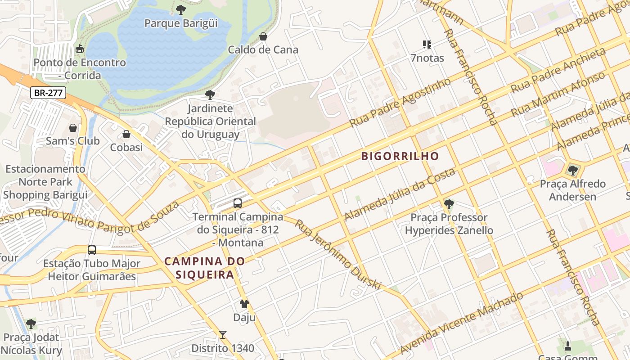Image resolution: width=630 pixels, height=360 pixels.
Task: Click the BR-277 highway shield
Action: tap(48, 93)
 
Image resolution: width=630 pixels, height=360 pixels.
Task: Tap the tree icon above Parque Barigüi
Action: tap(180, 9)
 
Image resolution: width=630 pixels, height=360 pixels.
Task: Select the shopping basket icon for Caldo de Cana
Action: tap(263, 36)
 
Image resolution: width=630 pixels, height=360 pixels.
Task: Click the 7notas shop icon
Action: tap(427, 45)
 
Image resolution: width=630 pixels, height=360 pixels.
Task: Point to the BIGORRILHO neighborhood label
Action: tap(400, 156)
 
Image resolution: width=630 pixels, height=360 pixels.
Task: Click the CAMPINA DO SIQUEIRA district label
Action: tap(205, 268)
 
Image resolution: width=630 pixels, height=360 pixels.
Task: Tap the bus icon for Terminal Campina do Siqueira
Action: tap(238, 203)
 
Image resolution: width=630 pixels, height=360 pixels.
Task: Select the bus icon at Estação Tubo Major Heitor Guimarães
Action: tap(92, 250)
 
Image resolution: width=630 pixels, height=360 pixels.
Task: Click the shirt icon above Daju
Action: tap(244, 304)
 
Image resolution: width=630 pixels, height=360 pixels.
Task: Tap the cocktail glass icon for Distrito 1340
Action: tap(222, 335)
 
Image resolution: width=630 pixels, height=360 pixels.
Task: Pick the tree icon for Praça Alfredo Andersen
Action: tap(572, 170)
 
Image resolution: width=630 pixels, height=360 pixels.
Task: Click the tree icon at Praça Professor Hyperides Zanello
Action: tap(449, 204)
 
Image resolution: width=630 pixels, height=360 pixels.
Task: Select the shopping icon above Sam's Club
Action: tap(73, 128)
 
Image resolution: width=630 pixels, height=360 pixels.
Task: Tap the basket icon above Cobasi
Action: tap(126, 134)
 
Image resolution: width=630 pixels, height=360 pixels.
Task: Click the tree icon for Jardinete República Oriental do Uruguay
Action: tap(210, 95)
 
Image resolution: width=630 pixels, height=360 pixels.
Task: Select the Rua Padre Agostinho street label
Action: tap(400, 103)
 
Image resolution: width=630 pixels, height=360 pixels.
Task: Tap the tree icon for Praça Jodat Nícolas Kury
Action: tap(31, 324)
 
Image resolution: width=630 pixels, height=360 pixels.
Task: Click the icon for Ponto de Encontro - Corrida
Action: tap(80, 49)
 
